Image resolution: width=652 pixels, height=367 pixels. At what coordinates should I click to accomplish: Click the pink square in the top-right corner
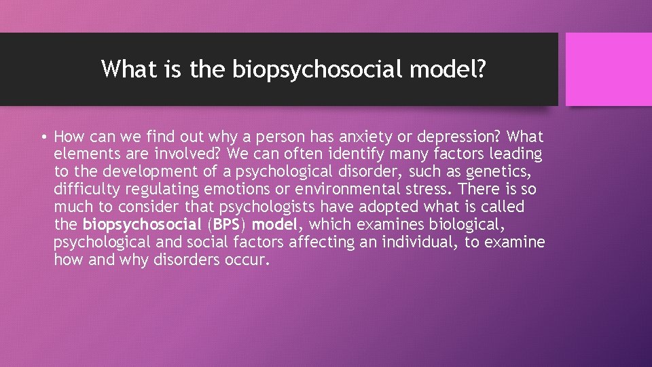(x=609, y=69)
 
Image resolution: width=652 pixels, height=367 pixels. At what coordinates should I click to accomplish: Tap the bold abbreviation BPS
(x=227, y=224)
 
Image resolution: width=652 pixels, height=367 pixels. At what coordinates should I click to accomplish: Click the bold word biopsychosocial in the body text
(x=143, y=224)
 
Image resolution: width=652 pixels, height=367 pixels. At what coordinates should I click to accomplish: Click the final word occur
(x=243, y=260)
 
